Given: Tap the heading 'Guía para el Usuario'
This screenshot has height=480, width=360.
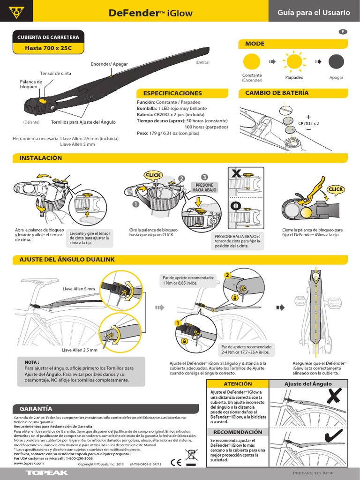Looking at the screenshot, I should (x=314, y=13).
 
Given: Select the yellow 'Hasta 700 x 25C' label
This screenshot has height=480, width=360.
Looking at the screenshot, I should (x=48, y=48).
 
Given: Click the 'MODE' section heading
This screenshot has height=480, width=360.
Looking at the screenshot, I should (x=255, y=44).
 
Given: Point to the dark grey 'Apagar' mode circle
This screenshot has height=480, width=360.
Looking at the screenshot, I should (x=336, y=62).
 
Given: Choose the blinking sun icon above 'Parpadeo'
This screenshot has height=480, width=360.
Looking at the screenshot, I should (x=294, y=62).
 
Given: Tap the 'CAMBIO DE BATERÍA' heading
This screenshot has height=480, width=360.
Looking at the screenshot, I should (x=277, y=93).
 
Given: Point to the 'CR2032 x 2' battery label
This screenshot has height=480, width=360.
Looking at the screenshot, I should (x=308, y=123).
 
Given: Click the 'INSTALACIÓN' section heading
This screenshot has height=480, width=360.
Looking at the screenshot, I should (x=40, y=158).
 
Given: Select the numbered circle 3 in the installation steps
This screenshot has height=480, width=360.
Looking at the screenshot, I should (x=204, y=177).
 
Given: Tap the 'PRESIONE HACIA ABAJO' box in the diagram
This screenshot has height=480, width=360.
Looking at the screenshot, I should (x=204, y=188).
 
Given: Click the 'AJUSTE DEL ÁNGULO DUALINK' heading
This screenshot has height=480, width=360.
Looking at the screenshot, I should (x=67, y=259).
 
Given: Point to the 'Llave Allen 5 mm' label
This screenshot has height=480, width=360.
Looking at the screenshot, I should (x=79, y=289).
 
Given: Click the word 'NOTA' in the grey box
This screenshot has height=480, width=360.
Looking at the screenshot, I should (x=32, y=362).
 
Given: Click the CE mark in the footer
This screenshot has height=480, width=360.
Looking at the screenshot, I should (x=176, y=461).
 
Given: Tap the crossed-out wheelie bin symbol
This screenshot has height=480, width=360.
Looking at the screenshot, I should (x=191, y=457).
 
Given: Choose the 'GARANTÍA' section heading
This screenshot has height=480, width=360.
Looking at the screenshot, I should (x=36, y=408).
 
